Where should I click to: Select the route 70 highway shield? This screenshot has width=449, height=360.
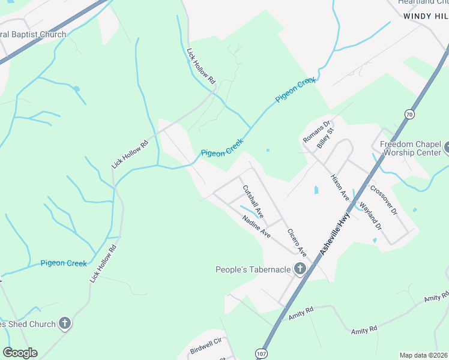[x=409, y=114]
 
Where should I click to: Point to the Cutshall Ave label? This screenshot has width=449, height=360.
[x=253, y=201]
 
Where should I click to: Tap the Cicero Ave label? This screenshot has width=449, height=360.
[x=297, y=242]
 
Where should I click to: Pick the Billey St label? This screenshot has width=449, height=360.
[x=325, y=138]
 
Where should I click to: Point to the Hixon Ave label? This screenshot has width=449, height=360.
[x=340, y=187]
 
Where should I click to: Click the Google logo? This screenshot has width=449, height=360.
[x=20, y=353]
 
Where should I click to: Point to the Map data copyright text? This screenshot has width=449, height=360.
[x=424, y=355]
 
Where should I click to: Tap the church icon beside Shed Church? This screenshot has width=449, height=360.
[x=65, y=324]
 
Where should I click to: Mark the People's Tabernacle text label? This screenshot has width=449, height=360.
[x=253, y=269]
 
